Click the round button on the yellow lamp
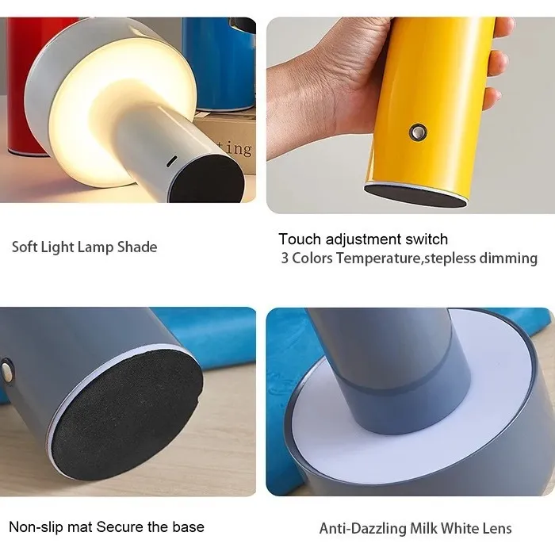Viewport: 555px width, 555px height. (418, 132)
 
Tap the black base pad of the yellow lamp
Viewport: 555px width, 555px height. (415, 195)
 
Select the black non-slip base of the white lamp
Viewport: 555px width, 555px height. (208, 180)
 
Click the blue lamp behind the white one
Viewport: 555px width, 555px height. (220, 63)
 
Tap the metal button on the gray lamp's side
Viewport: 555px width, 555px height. (7, 370)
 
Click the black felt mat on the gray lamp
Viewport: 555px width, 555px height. (128, 414)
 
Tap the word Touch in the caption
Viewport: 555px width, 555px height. (300, 239)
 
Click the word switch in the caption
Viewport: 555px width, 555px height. (427, 239)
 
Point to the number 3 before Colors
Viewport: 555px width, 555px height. (285, 258)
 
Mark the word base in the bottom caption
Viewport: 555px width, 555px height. (189, 527)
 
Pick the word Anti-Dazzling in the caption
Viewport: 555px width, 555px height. (362, 529)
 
